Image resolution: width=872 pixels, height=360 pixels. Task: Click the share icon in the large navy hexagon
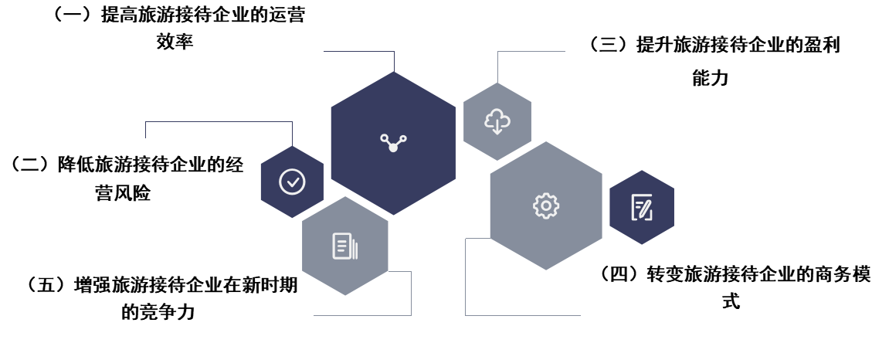coord(392,142)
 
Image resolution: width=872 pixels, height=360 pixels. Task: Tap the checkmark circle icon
coord(292,182)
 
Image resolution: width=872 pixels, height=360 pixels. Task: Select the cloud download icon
coord(497,121)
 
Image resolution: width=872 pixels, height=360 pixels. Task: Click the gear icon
coord(546,205)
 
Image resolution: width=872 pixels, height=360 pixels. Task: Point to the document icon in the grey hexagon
coord(344,246)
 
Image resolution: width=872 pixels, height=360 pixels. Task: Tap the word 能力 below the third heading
coord(711,77)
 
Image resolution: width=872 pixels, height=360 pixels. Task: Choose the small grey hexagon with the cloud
coord(497,121)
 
